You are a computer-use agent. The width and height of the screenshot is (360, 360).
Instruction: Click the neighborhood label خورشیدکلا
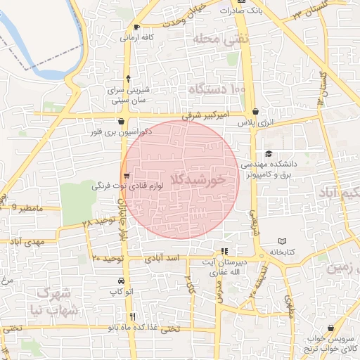pos(202,180)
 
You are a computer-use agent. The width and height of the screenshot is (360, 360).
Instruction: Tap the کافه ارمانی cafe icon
pos(136,27)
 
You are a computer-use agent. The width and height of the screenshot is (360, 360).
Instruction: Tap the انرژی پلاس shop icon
pos(255,111)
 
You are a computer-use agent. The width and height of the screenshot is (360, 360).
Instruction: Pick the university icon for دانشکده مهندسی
pos(268,153)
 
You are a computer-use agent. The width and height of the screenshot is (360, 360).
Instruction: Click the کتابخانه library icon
pos(282,240)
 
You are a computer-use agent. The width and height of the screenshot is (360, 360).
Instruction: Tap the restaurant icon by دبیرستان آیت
pos(224,251)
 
